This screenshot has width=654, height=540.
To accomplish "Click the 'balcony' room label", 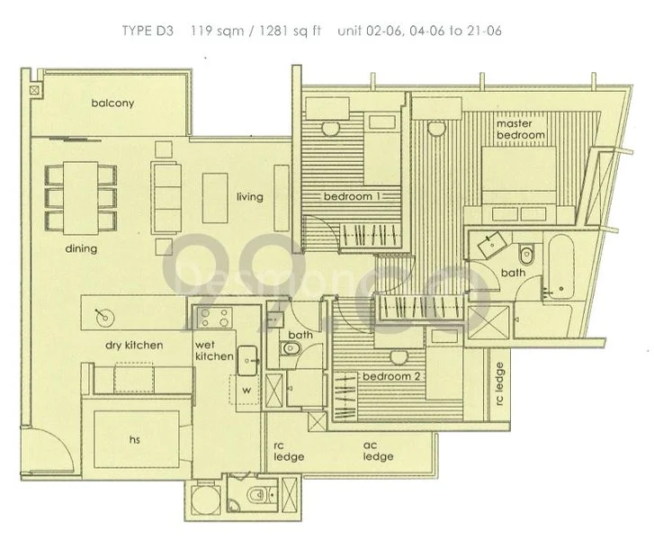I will point(112,103).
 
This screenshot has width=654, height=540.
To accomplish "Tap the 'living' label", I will point(250,196).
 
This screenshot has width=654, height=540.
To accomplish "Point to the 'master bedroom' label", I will point(521,128).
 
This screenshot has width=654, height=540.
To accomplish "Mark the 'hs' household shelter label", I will point(135,440).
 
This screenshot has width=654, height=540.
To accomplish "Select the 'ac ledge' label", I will point(378,451).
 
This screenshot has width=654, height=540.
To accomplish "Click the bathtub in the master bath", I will point(561,266).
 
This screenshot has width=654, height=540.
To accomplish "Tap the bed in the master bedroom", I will point(520,177).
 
